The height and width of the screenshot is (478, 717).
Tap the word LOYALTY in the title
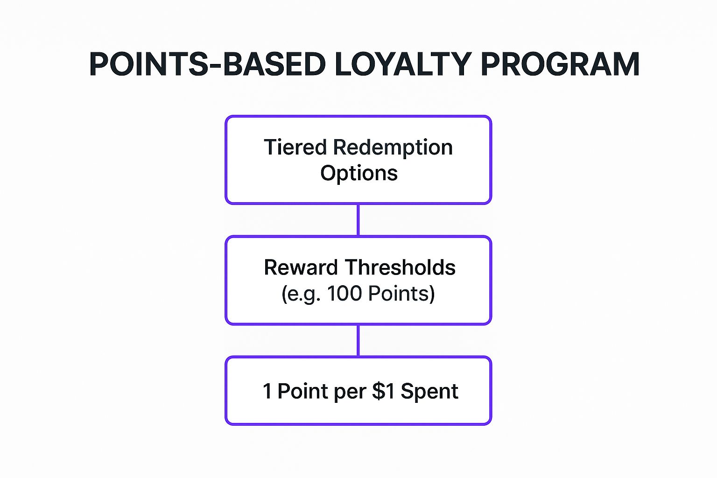[403, 64]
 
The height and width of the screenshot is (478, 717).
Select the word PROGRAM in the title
[560, 64]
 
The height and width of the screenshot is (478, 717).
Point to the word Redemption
[393, 148]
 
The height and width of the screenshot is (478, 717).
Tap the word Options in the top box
[358, 173]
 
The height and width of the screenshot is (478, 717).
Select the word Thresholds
[400, 267]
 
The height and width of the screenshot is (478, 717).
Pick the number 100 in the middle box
[344, 294]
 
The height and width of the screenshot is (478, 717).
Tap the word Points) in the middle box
[401, 294]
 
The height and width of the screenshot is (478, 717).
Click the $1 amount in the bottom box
[383, 391]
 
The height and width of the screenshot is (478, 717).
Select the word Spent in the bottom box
[429, 391]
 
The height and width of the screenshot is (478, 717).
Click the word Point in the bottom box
[303, 391]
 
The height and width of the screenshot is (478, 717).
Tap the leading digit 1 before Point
[267, 391]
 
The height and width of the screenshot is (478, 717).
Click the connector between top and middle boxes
[358, 220]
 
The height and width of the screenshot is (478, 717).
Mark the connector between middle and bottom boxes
[358, 340]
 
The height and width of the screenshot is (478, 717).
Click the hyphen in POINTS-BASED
[215, 66]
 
